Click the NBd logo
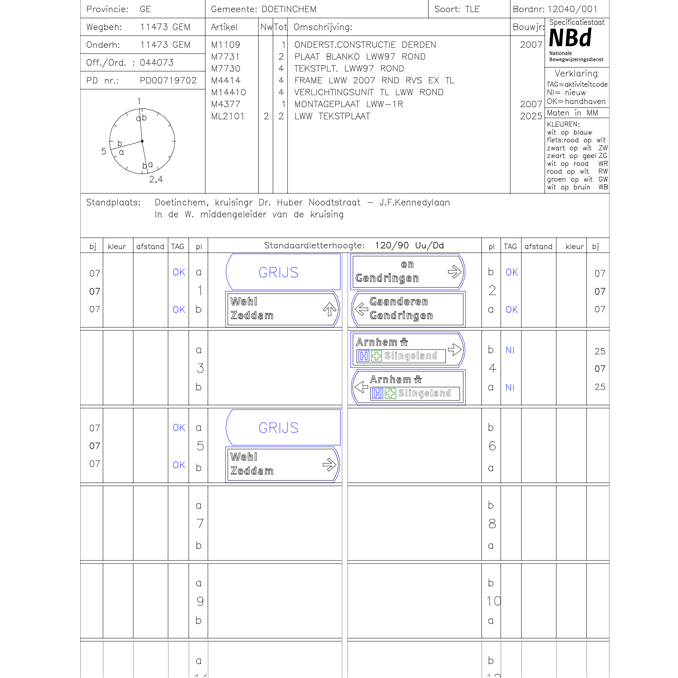(x=570, y=38)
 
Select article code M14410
(x=228, y=92)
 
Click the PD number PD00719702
(x=168, y=80)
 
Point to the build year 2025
(x=531, y=116)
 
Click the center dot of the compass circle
(x=142, y=141)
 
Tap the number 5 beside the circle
(x=104, y=151)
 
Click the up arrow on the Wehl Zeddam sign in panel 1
(x=329, y=309)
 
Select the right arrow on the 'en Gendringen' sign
(x=454, y=272)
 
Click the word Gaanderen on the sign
(x=399, y=302)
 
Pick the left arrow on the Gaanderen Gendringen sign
(x=361, y=309)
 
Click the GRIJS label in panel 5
(x=278, y=428)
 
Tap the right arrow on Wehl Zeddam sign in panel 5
(x=329, y=465)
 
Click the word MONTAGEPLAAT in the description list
(x=327, y=104)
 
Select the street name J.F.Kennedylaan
(x=414, y=203)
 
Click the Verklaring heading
(x=576, y=74)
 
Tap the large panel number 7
(x=200, y=523)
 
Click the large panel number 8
(x=492, y=523)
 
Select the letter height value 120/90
(x=392, y=245)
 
